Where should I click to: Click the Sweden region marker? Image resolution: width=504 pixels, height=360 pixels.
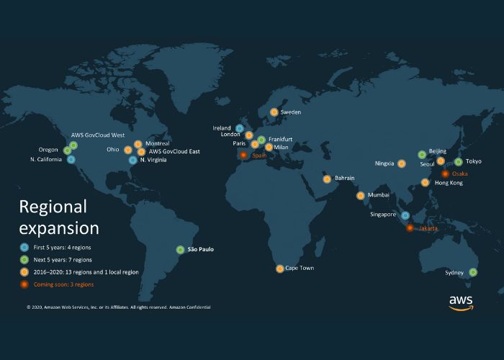point(274,112)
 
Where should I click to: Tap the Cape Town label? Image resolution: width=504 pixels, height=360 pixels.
point(300,269)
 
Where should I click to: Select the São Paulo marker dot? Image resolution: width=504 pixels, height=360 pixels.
point(180,250)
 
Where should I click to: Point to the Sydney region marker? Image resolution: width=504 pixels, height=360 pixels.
point(473,272)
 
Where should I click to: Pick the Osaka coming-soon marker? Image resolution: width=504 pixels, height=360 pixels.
point(445,174)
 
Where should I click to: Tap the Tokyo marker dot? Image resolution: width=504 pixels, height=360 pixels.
point(459,162)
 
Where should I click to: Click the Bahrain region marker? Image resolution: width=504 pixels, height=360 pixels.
point(327,179)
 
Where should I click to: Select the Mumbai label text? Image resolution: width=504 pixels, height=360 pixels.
point(378,195)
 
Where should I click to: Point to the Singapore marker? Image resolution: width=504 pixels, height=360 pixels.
point(405,215)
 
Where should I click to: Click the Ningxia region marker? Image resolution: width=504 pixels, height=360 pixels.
point(402,163)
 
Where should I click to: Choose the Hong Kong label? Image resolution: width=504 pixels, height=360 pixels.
point(449,183)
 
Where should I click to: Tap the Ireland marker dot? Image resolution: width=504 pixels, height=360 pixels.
point(240,128)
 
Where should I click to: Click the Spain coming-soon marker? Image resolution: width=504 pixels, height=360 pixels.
point(243,154)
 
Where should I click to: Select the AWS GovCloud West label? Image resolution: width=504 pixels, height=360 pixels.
point(98,135)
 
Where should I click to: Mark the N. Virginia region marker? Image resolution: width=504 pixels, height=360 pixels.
point(133,160)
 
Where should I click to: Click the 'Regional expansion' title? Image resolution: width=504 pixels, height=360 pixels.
point(59,217)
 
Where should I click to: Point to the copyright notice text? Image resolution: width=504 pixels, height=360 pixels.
point(119,307)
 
